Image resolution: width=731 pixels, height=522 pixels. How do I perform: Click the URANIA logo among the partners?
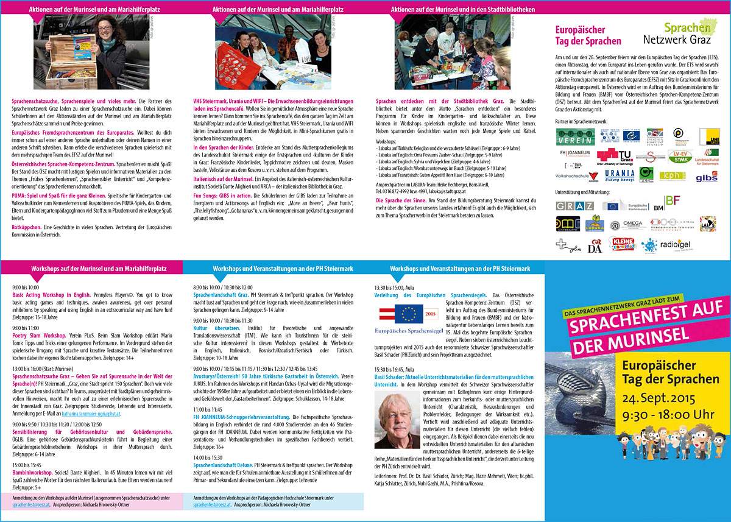(620, 175)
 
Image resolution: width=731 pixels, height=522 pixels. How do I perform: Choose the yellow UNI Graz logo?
(708, 136)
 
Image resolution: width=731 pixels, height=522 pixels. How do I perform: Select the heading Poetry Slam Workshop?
(39, 335)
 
